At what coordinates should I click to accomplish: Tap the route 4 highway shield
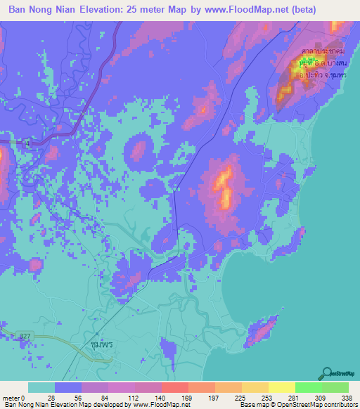point(27,143)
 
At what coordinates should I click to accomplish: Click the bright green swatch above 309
point(309,387)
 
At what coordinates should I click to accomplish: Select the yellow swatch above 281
point(281,387)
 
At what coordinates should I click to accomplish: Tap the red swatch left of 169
point(174,387)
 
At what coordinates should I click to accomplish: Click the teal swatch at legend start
point(41,387)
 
